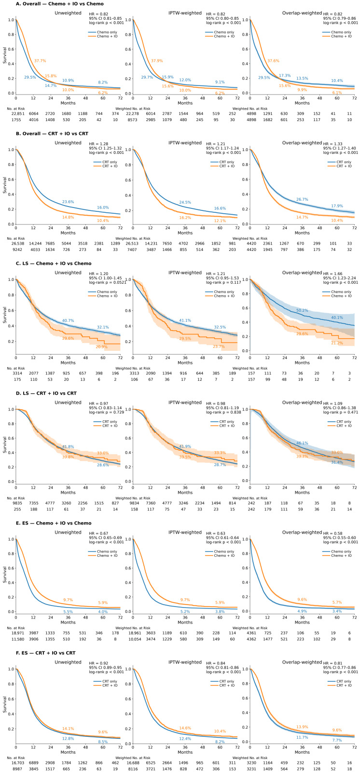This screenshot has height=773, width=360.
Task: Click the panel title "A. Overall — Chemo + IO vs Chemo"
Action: pos(60,4)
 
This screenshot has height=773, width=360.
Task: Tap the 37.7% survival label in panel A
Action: pos(40,61)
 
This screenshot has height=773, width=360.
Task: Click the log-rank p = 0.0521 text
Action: pos(108,282)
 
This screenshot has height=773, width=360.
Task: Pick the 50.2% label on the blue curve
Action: pos(302,311)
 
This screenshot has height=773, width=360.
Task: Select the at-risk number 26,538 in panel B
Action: pos(14,243)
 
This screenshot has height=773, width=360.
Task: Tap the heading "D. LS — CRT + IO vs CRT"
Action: pos(46,393)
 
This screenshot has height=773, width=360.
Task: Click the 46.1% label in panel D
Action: pos(302,443)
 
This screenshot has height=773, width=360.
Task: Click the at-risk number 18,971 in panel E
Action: pos(14,633)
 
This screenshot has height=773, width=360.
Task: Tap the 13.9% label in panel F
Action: pos(302,727)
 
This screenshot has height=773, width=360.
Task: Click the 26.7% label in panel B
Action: pos(302,199)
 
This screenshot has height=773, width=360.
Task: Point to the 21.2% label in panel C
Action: pos(337,343)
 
